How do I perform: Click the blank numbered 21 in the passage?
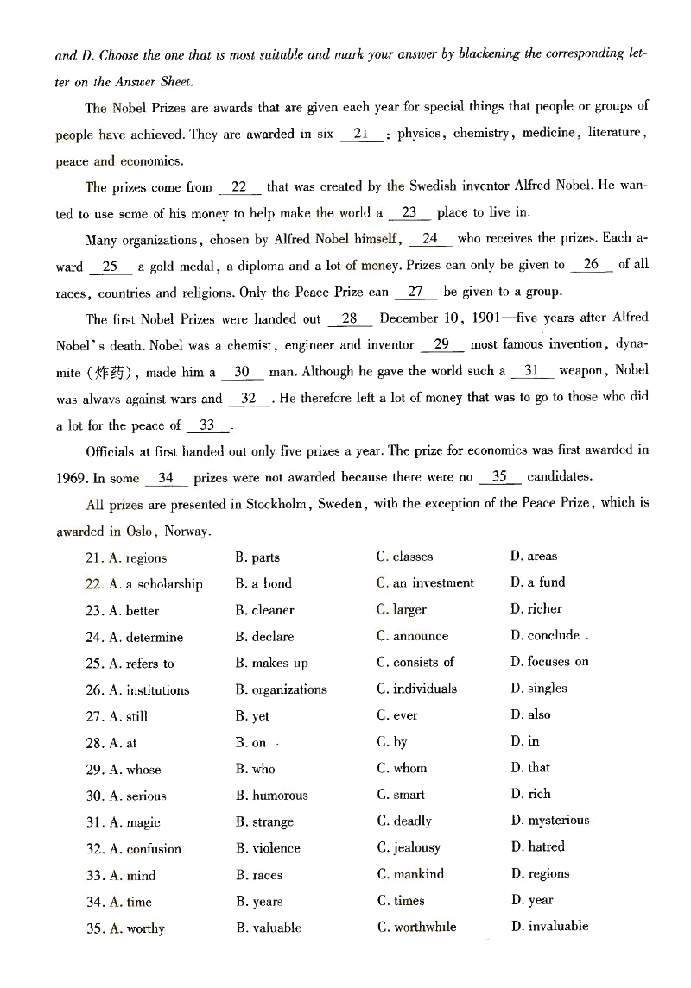pyautogui.click(x=362, y=134)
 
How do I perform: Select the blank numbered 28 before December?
pyautogui.click(x=350, y=318)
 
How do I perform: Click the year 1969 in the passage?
pyautogui.click(x=71, y=477)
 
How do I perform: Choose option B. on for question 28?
pyautogui.click(x=251, y=743)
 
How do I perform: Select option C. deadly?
pyautogui.click(x=403, y=821)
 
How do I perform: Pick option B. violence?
pyautogui.click(x=268, y=848)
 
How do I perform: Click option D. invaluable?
pyautogui.click(x=549, y=927)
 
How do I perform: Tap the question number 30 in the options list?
pyautogui.click(x=94, y=796)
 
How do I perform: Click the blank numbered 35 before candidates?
pyautogui.click(x=499, y=476)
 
